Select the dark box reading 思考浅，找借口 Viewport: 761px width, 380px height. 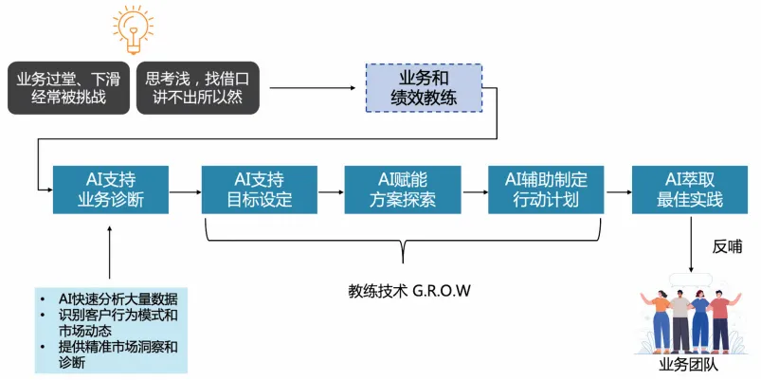tap(197, 87)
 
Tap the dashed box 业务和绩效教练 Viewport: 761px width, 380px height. tap(424, 87)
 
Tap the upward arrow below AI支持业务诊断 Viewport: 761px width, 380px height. tap(110, 251)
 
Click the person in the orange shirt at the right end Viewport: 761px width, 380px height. tap(722, 317)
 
